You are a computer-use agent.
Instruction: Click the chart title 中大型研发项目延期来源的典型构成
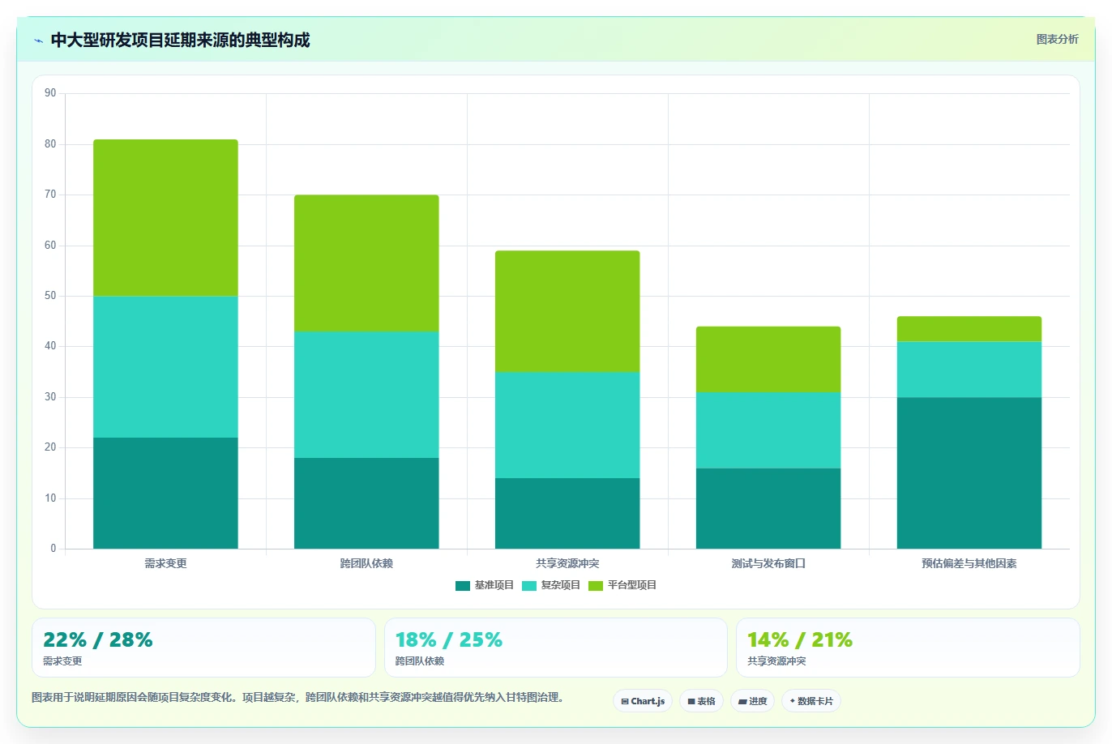coord(180,40)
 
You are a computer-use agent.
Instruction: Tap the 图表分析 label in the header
coord(1057,39)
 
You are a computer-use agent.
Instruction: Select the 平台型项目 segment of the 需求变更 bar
coord(165,218)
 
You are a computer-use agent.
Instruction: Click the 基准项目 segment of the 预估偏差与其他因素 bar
coord(969,473)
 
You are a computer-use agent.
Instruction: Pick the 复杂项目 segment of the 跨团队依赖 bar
coord(366,395)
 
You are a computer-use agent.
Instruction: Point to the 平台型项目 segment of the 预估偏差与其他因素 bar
coord(969,328)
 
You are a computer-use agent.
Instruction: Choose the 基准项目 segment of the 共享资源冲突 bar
coord(567,513)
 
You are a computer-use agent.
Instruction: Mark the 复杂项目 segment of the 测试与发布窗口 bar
coord(768,430)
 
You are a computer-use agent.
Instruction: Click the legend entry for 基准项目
coord(485,585)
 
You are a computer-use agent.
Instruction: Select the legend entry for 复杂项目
coord(551,585)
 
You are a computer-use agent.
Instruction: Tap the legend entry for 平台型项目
coord(622,585)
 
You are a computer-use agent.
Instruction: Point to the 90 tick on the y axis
coord(50,93)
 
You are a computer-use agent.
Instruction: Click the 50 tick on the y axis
coord(50,295)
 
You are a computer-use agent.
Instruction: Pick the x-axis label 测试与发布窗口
coord(768,563)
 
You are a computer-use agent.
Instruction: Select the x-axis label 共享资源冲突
coord(567,563)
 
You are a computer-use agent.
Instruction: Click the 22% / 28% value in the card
coord(98,639)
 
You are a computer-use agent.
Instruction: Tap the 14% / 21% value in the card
coord(800,639)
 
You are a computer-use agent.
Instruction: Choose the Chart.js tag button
coord(643,701)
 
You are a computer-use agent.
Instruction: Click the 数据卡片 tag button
coord(811,701)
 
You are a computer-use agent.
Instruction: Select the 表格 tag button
coord(701,701)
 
